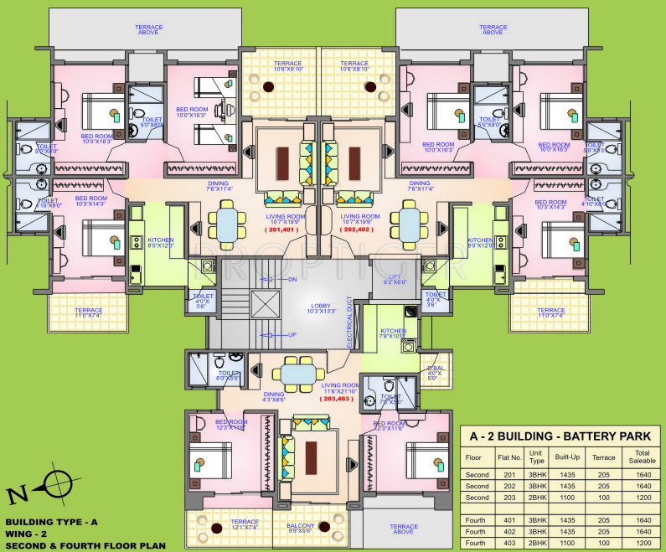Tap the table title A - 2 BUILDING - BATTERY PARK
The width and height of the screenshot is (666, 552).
tap(561, 436)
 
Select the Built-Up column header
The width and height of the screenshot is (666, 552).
tap(568, 457)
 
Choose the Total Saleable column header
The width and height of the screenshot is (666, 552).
tap(642, 457)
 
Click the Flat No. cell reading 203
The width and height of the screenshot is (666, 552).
tap(509, 497)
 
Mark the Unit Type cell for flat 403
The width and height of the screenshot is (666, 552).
tap(536, 543)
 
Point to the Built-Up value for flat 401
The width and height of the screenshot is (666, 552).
tap(568, 519)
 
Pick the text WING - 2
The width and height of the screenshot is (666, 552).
tap(34, 533)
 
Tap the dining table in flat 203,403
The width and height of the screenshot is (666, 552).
tap(298, 372)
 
